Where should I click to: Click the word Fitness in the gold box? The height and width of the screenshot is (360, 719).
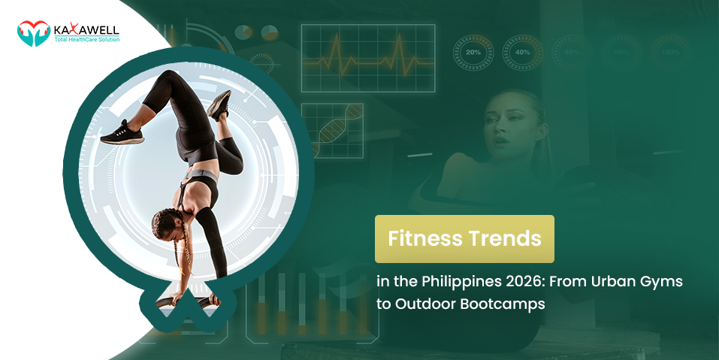[x=423, y=239]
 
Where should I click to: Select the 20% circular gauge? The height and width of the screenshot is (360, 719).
[x=473, y=53]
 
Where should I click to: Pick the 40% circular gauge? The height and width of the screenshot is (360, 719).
[x=523, y=53]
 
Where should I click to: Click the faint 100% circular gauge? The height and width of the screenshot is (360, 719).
[x=671, y=53]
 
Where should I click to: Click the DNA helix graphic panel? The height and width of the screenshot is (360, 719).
[x=332, y=131]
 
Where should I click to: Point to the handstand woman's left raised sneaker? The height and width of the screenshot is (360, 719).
[x=120, y=133]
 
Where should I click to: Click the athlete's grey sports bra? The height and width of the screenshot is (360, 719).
[x=198, y=180]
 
